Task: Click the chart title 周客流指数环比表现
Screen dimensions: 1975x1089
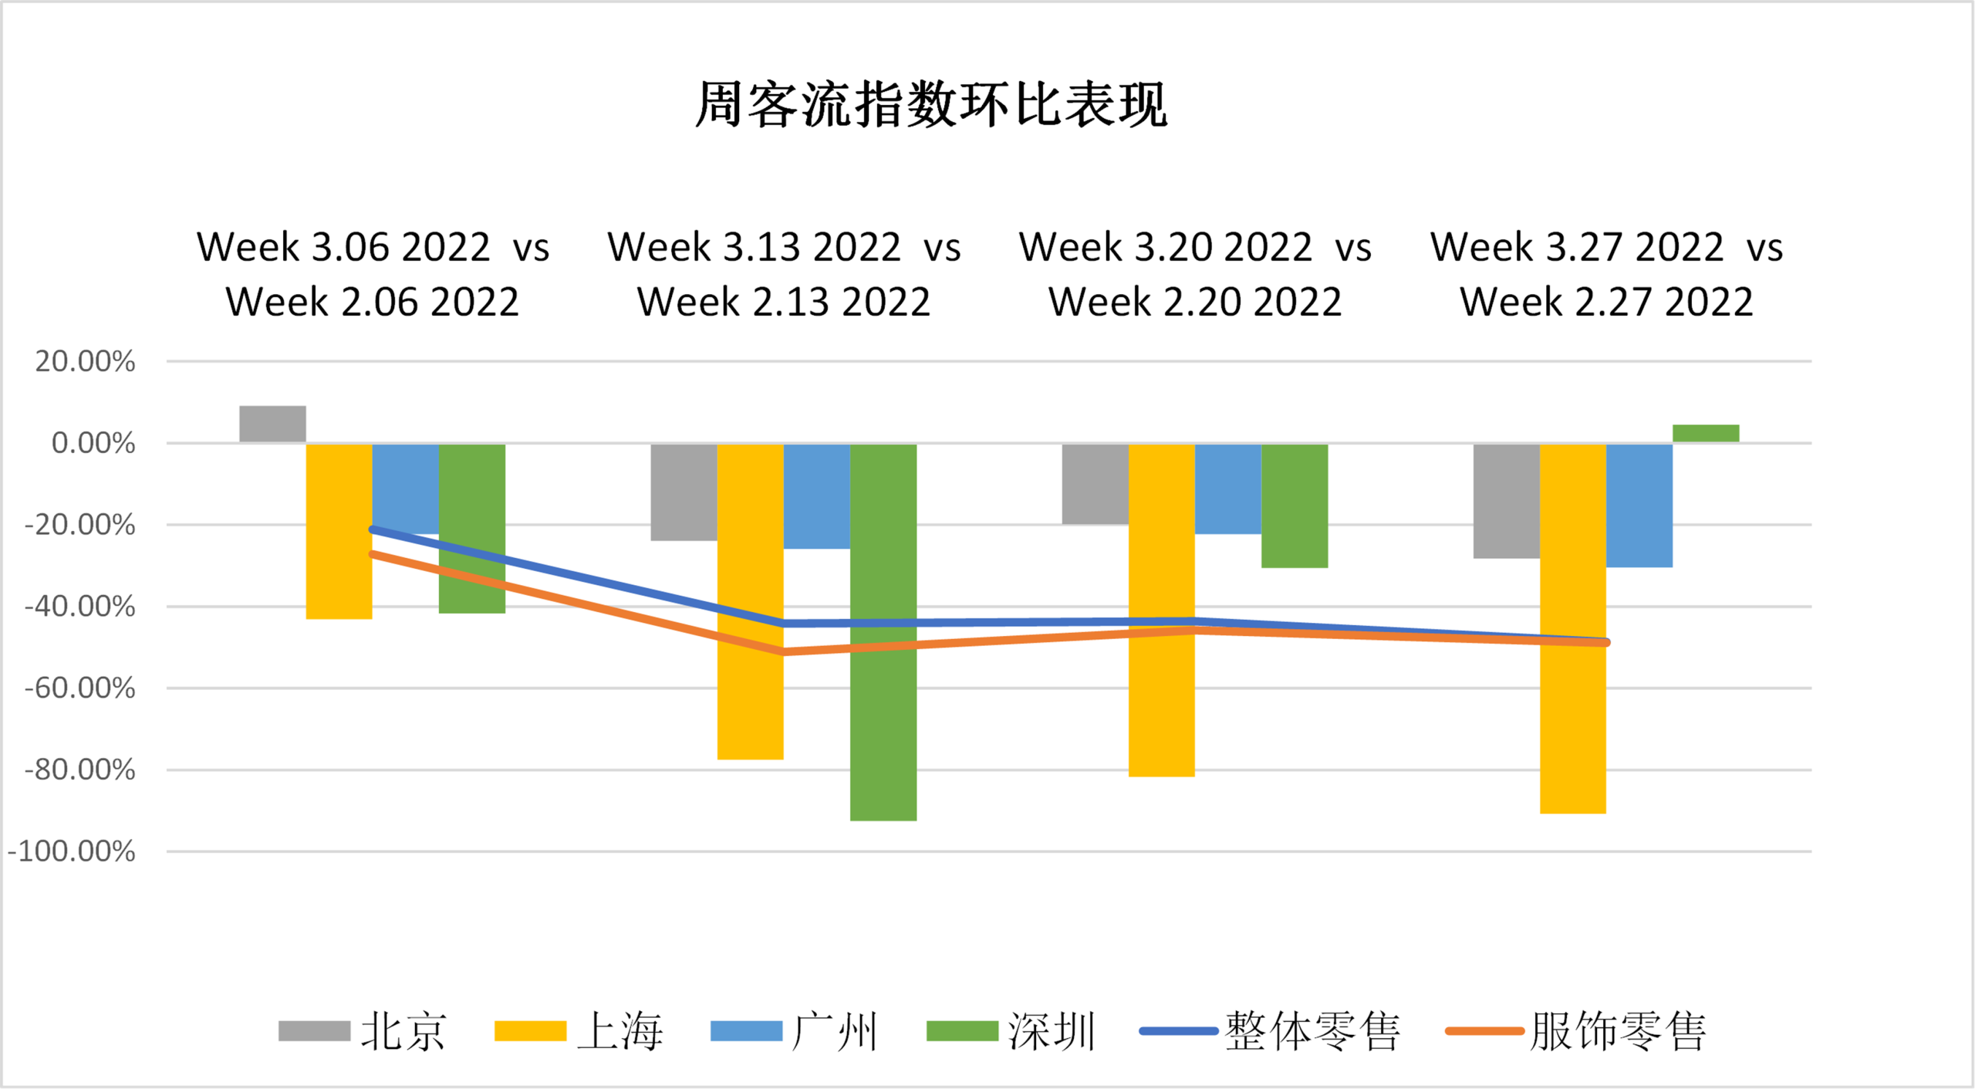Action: [931, 103]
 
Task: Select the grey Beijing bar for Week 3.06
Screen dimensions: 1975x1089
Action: [272, 424]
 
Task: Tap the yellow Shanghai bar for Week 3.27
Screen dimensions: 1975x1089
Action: [1573, 628]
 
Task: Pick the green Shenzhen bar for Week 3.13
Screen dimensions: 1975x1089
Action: [883, 631]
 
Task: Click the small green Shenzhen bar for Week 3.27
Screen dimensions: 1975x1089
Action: [1706, 433]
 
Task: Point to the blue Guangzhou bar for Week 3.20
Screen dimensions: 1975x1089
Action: [1228, 489]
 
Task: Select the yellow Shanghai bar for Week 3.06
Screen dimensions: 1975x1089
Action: [339, 531]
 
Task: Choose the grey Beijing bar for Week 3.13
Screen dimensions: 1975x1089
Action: [684, 492]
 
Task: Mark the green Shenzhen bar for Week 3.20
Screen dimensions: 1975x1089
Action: [1295, 506]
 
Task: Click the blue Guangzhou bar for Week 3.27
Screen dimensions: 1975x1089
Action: [1639, 506]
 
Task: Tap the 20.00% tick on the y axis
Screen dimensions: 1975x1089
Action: [85, 361]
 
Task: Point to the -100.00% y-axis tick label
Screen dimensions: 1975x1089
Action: [72, 851]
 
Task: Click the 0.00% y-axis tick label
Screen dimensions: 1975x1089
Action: [93, 443]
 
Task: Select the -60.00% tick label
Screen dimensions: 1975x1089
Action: [79, 688]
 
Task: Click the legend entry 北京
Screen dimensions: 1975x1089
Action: [363, 1031]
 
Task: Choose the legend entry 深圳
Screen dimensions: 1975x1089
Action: [1011, 1031]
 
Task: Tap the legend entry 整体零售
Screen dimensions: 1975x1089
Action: [1270, 1031]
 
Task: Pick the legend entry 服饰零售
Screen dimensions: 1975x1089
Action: [1575, 1031]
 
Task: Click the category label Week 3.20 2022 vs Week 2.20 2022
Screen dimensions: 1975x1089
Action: [1195, 274]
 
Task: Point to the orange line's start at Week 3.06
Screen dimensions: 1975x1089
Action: [373, 554]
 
